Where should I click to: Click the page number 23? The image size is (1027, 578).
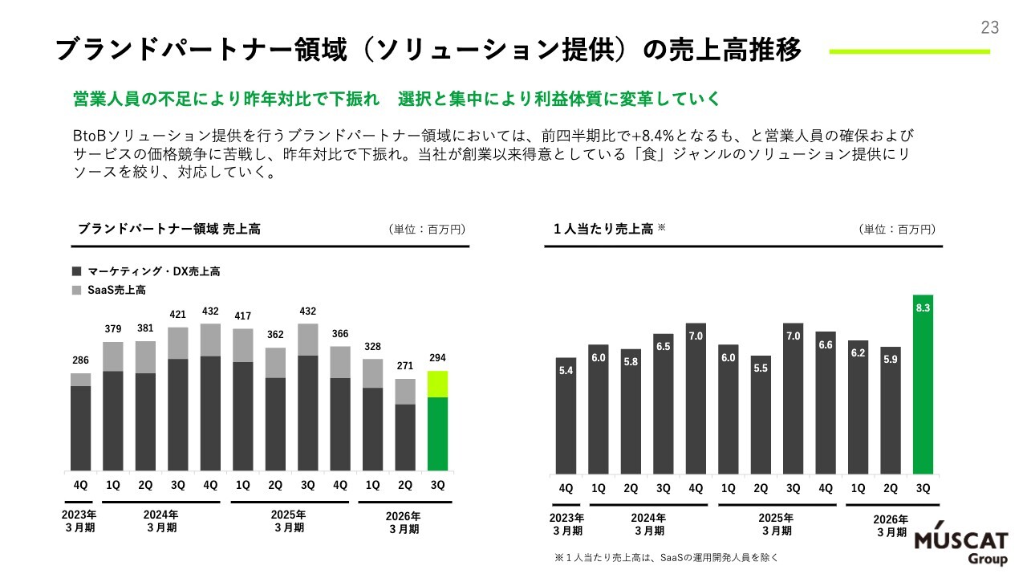989,28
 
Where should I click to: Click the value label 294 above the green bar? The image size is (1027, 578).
437,357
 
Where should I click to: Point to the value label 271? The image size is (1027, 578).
404,365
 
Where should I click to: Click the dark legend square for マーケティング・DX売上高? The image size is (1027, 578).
77,271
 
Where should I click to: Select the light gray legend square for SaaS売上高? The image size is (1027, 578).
77,290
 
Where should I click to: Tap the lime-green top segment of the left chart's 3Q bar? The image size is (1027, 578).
437,384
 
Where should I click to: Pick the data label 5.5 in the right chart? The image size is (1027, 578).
761,367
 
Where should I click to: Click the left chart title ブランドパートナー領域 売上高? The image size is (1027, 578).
168,229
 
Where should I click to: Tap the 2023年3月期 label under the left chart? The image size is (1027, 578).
79,522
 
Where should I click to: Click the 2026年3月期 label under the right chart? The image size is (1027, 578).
891,526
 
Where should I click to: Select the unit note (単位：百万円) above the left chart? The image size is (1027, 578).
426,230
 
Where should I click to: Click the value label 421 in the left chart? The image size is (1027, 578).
177,314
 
